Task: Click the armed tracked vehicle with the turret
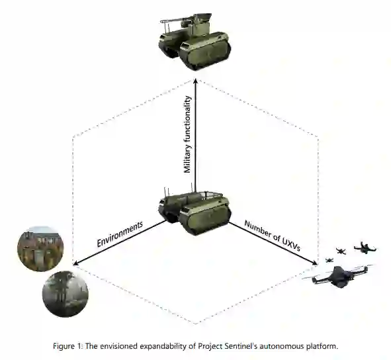tap(195, 41)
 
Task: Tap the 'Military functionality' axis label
tap(187, 134)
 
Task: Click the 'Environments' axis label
tap(120, 234)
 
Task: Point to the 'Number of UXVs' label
tap(273, 236)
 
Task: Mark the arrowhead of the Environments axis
tap(76, 263)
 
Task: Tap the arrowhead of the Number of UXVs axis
tap(315, 263)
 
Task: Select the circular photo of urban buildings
tap(40, 248)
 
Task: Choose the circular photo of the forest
tap(65, 294)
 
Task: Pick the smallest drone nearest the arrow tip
tap(329, 260)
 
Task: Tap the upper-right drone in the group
tap(365, 247)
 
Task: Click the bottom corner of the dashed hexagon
tap(196, 324)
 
